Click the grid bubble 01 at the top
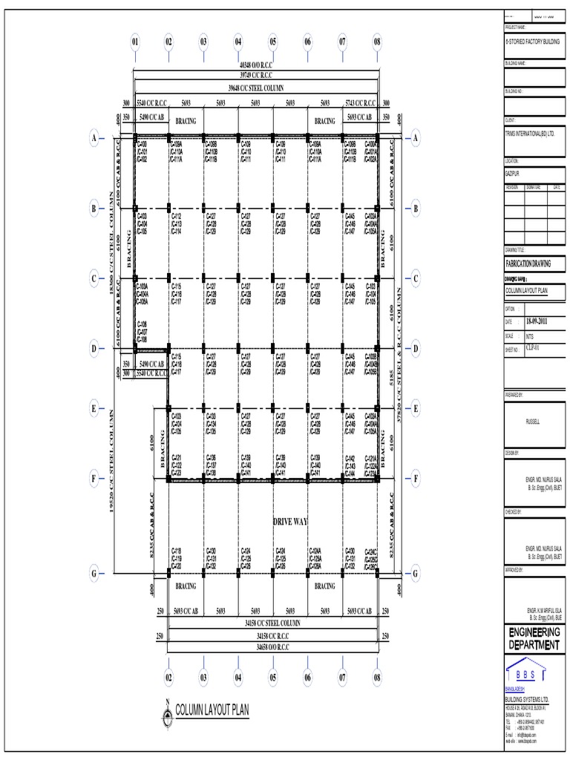coord(135,42)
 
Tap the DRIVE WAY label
coord(290,522)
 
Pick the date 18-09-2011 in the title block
coord(538,321)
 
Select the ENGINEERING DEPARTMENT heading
coord(534,638)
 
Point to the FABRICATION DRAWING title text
coord(529,263)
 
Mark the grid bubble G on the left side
coord(94,573)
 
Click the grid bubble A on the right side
coord(416,138)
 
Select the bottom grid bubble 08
coord(377,678)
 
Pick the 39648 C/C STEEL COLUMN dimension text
coord(255,87)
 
